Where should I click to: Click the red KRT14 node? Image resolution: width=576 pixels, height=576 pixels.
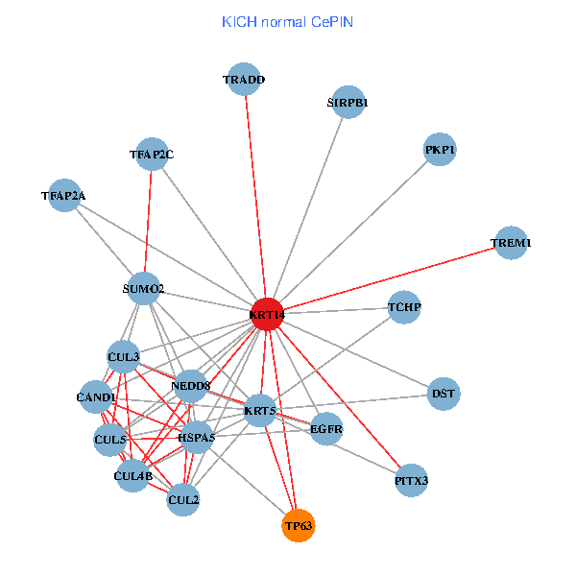coord(267,314)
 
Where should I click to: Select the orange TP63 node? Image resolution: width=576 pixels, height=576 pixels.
coord(299,525)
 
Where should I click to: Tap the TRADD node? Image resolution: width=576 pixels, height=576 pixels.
coord(244,80)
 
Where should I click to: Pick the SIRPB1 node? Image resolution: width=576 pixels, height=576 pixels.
coord(348,102)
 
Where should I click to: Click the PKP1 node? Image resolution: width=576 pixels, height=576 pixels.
coord(440,150)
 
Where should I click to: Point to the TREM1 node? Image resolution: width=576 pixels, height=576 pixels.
coord(511,243)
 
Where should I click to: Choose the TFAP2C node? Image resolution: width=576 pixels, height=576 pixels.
coord(152,154)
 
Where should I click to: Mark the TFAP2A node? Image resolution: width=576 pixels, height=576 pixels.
coord(63,196)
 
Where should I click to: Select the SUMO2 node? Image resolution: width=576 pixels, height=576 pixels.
coord(143,288)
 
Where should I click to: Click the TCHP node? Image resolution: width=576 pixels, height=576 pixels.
coord(405,307)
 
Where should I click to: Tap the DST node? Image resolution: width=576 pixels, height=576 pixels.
coord(444,393)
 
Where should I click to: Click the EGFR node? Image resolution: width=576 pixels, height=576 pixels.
coord(326,429)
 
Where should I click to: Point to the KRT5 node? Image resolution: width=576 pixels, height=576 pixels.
coord(260,411)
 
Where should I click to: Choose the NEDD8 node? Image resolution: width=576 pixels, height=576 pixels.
coord(191,386)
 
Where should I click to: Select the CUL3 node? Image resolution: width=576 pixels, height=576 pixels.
coord(124,357)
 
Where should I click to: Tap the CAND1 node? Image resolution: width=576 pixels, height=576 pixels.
coord(96,396)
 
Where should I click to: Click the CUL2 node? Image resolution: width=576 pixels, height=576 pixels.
coord(183,499)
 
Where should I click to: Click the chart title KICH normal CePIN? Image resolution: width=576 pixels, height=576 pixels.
coord(287,21)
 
